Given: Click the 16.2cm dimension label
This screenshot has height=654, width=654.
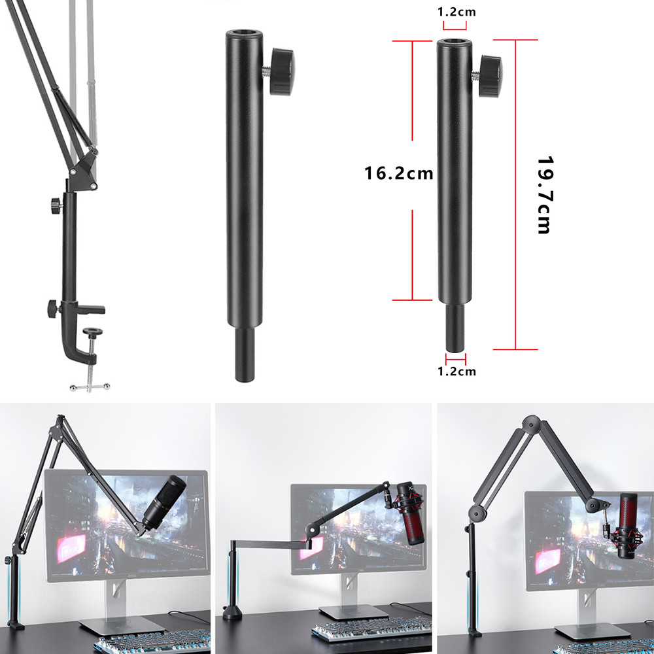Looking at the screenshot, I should [x=399, y=173].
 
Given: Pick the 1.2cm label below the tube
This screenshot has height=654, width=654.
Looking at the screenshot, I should [x=456, y=371].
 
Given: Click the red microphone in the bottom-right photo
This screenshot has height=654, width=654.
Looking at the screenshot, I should [x=628, y=526].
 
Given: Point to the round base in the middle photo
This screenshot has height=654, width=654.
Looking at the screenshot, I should [x=233, y=613].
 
